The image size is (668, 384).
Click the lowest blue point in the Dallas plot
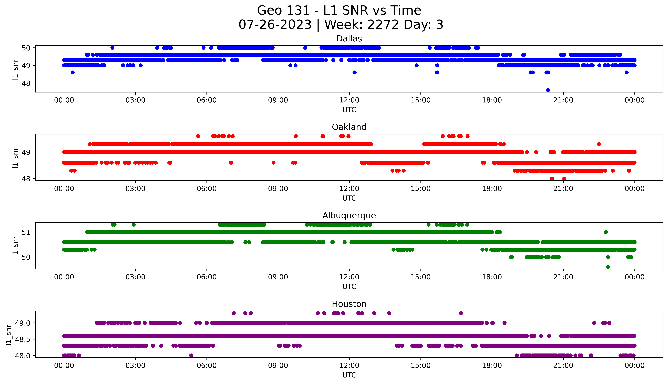(x=548, y=90)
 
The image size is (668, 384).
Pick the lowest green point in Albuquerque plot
(x=608, y=267)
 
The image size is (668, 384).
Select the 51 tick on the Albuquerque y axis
(x=26, y=232)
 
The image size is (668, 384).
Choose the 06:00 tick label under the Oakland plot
(x=207, y=189)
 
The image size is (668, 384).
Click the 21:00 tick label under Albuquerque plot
(x=563, y=277)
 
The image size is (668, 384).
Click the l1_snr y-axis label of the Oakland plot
(x=15, y=158)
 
